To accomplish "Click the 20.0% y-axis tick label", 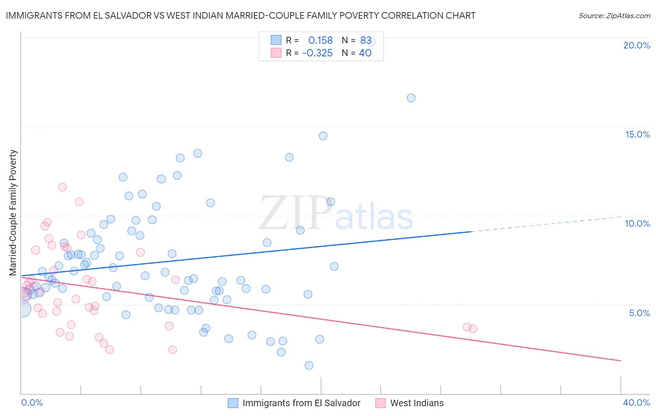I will [x=636, y=45].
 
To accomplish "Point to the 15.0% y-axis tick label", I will [x=637, y=134].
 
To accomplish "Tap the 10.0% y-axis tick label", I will [x=637, y=223].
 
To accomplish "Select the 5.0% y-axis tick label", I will [x=639, y=313].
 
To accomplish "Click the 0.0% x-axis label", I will [x=32, y=402].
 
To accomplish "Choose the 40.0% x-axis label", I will [x=636, y=402].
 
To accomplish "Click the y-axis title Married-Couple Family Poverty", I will [x=13, y=213].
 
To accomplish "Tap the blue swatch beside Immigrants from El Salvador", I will [x=233, y=403].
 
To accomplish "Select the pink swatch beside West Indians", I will [x=381, y=403].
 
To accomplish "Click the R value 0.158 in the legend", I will [x=321, y=41].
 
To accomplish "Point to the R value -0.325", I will [x=317, y=53].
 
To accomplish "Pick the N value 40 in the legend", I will [x=365, y=53].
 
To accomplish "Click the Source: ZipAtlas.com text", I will [x=614, y=16].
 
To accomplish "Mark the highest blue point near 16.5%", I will [x=411, y=98].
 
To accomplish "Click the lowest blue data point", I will [x=309, y=366].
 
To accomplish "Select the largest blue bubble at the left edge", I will [x=22, y=309].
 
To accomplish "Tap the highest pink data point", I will [x=63, y=187].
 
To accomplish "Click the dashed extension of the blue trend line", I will [x=546, y=224].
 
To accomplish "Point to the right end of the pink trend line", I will [x=621, y=361].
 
